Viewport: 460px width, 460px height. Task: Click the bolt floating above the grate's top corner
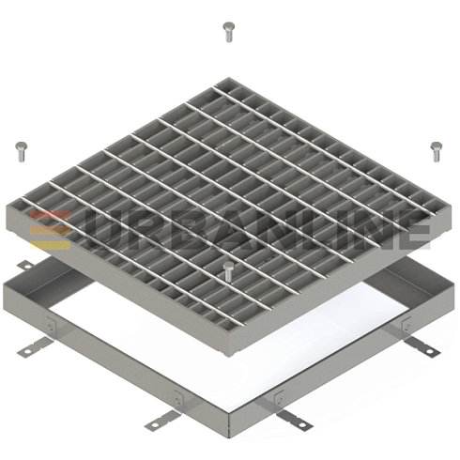pyautogui.click(x=228, y=32)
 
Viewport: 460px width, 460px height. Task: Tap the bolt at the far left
pyautogui.click(x=22, y=152)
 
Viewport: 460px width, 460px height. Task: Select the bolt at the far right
pyautogui.click(x=437, y=152)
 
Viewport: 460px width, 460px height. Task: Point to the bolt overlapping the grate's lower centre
pyautogui.click(x=228, y=271)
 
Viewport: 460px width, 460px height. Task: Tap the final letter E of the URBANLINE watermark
pyautogui.click(x=413, y=230)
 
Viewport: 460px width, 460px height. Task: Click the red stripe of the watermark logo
pyautogui.click(x=50, y=214)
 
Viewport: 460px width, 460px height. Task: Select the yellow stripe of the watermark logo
pyautogui.click(x=50, y=245)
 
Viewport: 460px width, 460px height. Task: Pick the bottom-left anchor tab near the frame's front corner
pyautogui.click(x=161, y=420)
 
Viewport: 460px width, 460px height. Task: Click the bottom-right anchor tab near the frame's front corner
pyautogui.click(x=295, y=420)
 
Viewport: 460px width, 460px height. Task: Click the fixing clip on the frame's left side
pyautogui.click(x=50, y=325)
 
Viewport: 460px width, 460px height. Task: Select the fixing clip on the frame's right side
pyautogui.click(x=406, y=325)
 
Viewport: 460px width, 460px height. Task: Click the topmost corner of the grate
pyautogui.click(x=228, y=77)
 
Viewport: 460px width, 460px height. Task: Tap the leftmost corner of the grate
pyautogui.click(x=7, y=205)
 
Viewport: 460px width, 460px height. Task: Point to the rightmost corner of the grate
pyautogui.click(x=452, y=204)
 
